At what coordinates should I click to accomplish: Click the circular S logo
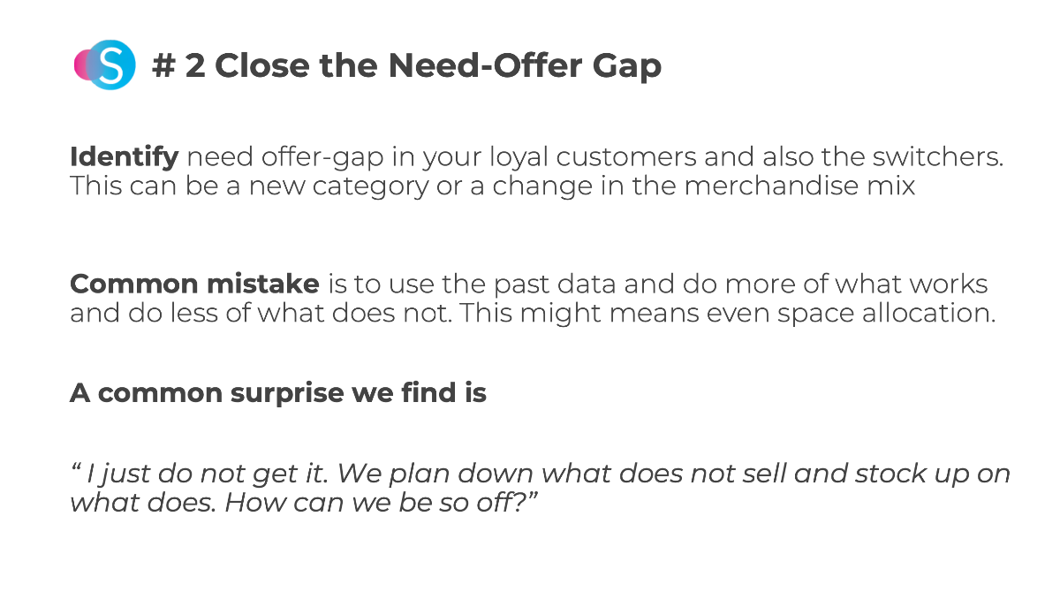pyautogui.click(x=105, y=65)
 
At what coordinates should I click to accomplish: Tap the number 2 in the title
pyautogui.click(x=195, y=65)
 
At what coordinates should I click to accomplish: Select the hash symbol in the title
pyautogui.click(x=163, y=65)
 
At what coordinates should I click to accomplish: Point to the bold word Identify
pyautogui.click(x=124, y=157)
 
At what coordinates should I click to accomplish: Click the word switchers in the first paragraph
pyautogui.click(x=937, y=156)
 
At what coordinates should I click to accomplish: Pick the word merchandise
pyautogui.click(x=771, y=185)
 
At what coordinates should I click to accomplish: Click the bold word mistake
pyautogui.click(x=263, y=284)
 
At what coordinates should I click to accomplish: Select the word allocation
pyautogui.click(x=928, y=313)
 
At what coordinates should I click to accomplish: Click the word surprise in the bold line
pyautogui.click(x=287, y=394)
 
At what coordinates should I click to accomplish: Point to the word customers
pyautogui.click(x=626, y=157)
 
